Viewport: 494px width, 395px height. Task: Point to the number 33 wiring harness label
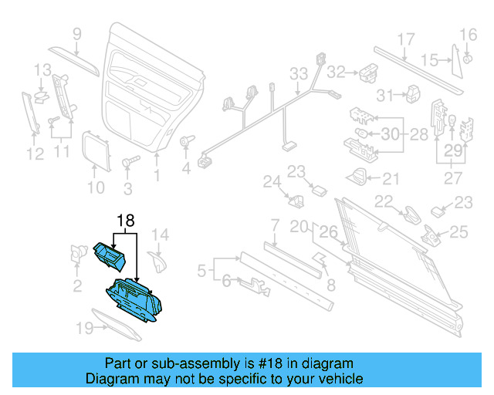pyautogui.click(x=299, y=74)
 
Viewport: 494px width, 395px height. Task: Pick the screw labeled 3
pyautogui.click(x=129, y=164)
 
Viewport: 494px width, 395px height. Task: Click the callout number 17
pyautogui.click(x=406, y=39)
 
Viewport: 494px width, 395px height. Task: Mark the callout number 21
pyautogui.click(x=391, y=179)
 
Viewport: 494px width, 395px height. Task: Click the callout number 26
pyautogui.click(x=329, y=230)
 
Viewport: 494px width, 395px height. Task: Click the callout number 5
pyautogui.click(x=201, y=271)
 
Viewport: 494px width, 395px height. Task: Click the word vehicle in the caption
pyautogui.click(x=336, y=379)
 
